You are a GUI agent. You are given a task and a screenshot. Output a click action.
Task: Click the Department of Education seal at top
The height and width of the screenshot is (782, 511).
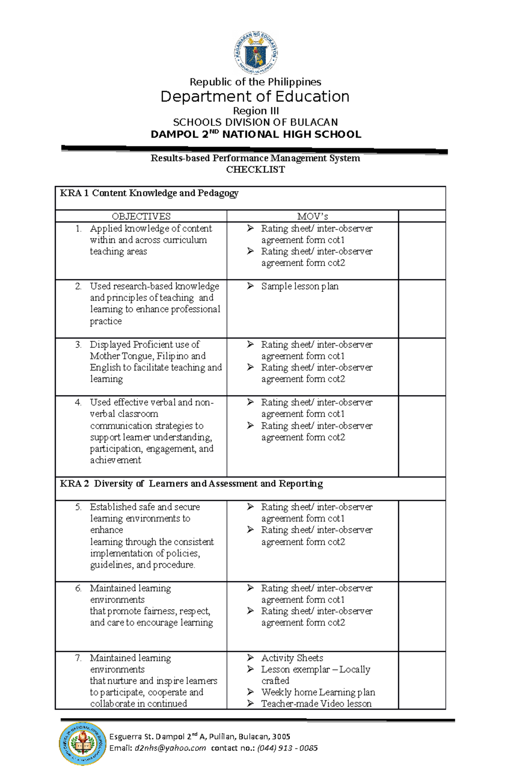pyautogui.click(x=256, y=54)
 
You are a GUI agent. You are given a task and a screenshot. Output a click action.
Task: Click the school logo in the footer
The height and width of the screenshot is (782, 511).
pyautogui.click(x=83, y=743)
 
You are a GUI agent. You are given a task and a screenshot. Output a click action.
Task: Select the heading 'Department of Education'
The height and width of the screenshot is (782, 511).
pyautogui.click(x=255, y=97)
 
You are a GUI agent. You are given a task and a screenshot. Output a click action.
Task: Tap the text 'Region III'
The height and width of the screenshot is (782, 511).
pyautogui.click(x=255, y=111)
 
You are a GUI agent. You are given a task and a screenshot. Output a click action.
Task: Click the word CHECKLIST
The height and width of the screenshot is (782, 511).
pyautogui.click(x=255, y=170)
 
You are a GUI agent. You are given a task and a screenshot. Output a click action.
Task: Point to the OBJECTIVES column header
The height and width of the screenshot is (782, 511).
pyautogui.click(x=141, y=216)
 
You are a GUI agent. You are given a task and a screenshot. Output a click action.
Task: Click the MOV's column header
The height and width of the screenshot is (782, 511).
pyautogui.click(x=312, y=216)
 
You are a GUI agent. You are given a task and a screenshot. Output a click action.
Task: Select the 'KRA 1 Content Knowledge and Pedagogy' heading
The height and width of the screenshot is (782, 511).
pyautogui.click(x=149, y=193)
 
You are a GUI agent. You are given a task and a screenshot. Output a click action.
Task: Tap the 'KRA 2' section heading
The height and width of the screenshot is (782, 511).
pyautogui.click(x=191, y=484)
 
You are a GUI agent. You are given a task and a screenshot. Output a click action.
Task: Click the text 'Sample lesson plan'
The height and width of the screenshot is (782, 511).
pyautogui.click(x=300, y=286)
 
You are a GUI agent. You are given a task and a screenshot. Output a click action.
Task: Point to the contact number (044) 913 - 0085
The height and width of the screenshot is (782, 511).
pyautogui.click(x=287, y=748)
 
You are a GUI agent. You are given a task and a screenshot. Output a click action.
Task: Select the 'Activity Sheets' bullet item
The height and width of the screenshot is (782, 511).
pyautogui.click(x=292, y=658)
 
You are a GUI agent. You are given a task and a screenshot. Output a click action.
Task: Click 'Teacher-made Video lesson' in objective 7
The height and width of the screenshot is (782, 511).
pyautogui.click(x=316, y=704)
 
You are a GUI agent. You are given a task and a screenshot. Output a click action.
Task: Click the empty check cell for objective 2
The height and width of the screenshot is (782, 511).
pyautogui.click(x=422, y=309)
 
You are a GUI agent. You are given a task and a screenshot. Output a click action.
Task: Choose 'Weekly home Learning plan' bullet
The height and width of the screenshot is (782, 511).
pyautogui.click(x=318, y=692)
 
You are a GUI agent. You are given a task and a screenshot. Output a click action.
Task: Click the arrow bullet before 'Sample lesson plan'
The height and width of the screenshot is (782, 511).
pyautogui.click(x=250, y=286)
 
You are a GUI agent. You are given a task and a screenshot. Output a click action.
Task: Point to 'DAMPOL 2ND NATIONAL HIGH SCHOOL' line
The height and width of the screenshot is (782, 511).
pyautogui.click(x=255, y=134)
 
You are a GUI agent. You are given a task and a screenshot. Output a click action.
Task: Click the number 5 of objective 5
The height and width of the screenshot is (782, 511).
pyautogui.click(x=78, y=507)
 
